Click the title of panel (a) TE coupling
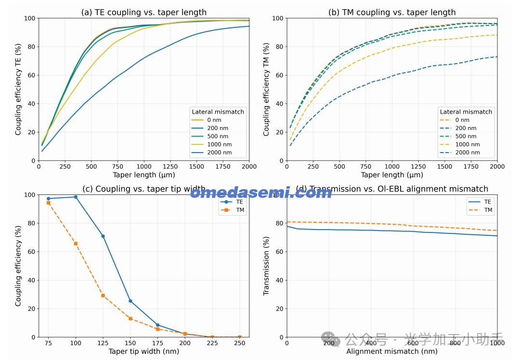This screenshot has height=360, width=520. click(144, 13)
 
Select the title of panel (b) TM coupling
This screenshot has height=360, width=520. click(392, 13)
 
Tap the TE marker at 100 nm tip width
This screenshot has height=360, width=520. click(76, 197)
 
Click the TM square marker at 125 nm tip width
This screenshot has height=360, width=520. click(103, 296)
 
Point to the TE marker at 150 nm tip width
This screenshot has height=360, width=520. click(130, 301)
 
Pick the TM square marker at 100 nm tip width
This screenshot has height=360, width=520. click(76, 244)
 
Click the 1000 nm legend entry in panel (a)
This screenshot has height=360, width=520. click(220, 144)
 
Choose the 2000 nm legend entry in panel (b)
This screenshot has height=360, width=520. click(468, 153)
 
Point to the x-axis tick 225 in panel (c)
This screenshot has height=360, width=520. click(212, 343)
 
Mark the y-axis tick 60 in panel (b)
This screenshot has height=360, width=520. click(279, 75)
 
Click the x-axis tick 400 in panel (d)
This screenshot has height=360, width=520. click(371, 343)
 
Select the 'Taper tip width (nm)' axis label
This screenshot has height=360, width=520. click(144, 351)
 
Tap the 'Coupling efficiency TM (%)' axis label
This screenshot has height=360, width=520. click(266, 89)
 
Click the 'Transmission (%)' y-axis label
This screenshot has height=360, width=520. click(266, 266)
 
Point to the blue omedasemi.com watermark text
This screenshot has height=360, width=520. click(260, 193)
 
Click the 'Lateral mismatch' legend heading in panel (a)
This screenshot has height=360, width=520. click(218, 112)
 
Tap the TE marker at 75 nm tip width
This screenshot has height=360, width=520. click(48, 198)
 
